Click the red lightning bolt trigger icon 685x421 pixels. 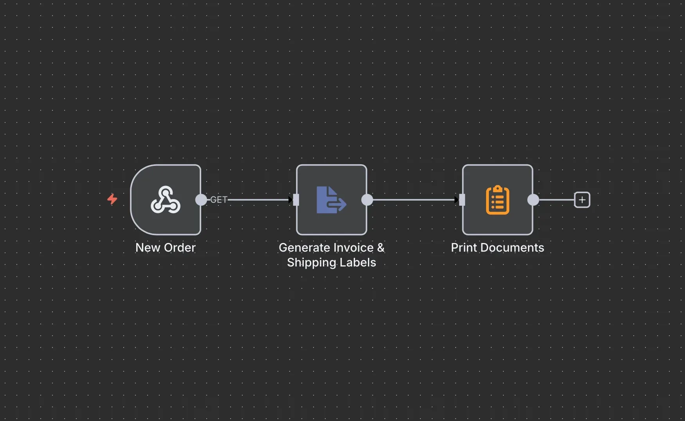click(x=112, y=199)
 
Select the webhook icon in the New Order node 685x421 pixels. click(x=166, y=200)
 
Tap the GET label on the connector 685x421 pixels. click(x=219, y=200)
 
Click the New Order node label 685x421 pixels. click(x=165, y=248)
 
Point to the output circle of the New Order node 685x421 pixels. click(x=201, y=200)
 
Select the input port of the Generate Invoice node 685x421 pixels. click(x=296, y=200)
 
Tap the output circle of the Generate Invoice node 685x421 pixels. click(x=367, y=200)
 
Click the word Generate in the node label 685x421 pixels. click(x=304, y=248)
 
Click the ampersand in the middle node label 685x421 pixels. click(x=380, y=248)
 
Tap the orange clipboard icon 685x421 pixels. click(x=498, y=200)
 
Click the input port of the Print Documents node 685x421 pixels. click(x=462, y=200)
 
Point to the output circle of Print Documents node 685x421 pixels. click(x=533, y=200)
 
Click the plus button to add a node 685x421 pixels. click(x=582, y=200)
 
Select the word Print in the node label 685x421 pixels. click(x=464, y=248)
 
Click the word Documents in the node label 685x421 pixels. click(x=512, y=248)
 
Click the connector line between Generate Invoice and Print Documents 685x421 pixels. click(x=413, y=200)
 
